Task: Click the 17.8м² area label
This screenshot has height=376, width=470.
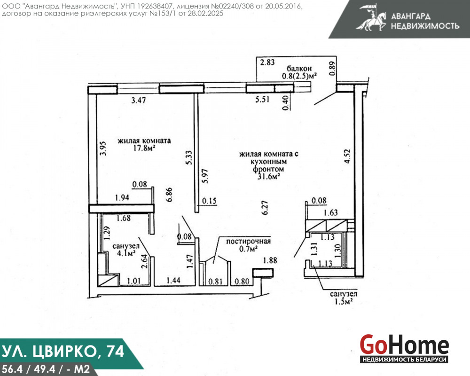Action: pos(144,148)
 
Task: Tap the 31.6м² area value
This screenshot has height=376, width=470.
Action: pos(268,176)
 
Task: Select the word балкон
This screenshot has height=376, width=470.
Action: pos(299,69)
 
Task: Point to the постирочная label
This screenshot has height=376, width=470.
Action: pos(248,242)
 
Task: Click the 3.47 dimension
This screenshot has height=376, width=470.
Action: pos(139,100)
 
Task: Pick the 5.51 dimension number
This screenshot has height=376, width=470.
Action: pos(262,99)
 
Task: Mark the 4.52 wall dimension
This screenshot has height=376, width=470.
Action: pos(347,156)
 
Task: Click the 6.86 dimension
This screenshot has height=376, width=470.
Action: pos(169,195)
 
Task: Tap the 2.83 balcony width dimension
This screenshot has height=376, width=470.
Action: pos(267,62)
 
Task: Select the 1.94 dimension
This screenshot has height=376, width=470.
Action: pos(122,197)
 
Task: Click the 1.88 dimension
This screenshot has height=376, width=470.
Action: pos(270,260)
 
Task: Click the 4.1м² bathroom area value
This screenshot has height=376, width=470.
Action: pos(126,253)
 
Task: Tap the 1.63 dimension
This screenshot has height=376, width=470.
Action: pos(330,212)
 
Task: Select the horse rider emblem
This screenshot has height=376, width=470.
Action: pos(371,17)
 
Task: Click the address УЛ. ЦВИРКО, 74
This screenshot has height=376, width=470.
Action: pos(63,351)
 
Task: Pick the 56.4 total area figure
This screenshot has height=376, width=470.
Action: pos(12,369)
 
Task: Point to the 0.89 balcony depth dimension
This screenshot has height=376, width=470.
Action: pos(332,69)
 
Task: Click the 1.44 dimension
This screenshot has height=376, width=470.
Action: pos(173,280)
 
